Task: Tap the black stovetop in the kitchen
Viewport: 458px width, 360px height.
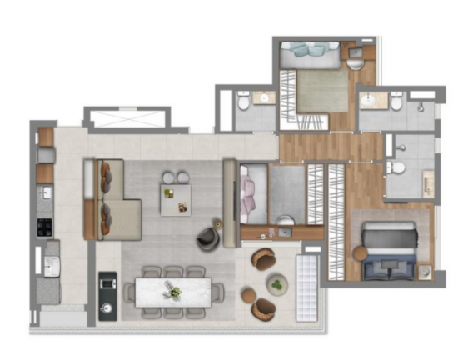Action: [x=45, y=227]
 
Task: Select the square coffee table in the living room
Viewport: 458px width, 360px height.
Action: [x=175, y=200]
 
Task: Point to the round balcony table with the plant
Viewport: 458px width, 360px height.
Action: [x=276, y=285]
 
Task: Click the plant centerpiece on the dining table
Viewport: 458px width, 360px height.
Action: [x=174, y=291]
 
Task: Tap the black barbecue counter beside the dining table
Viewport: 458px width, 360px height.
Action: [x=107, y=296]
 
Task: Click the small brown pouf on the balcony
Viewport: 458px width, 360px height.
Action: [x=249, y=295]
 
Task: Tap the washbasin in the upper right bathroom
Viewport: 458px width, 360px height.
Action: [x=372, y=102]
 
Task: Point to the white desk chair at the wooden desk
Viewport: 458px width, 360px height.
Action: [x=285, y=218]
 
